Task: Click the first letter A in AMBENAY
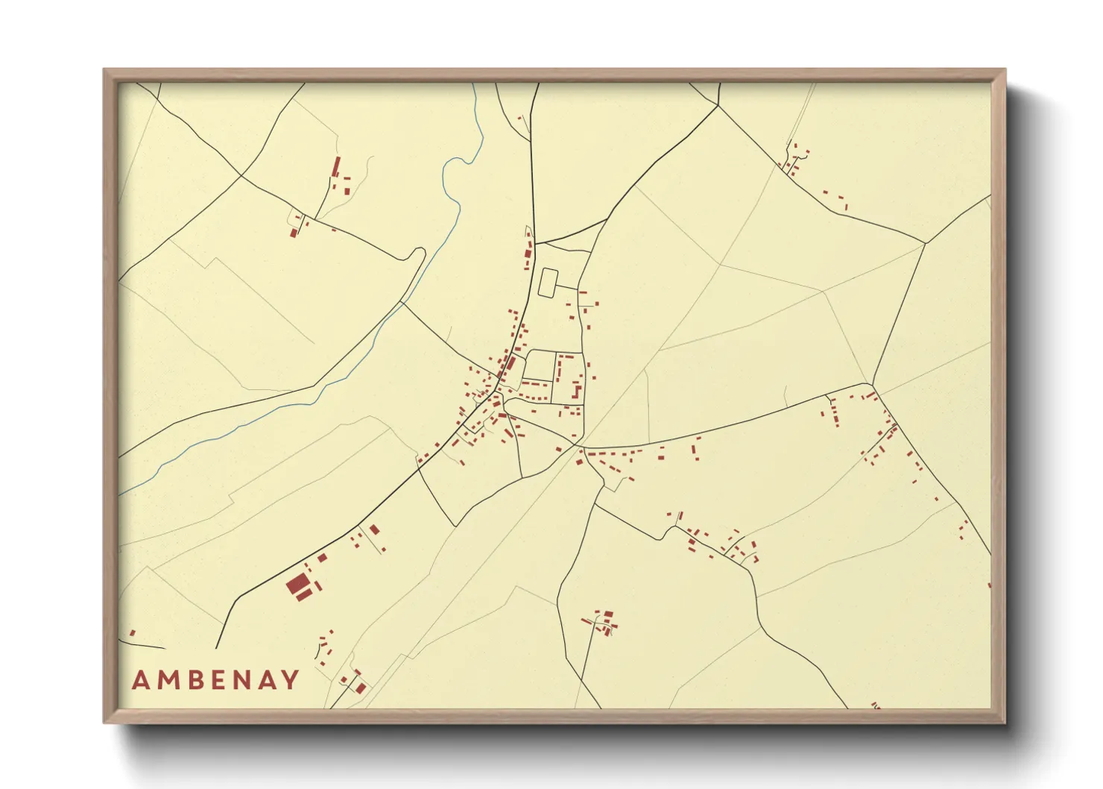pyautogui.click(x=140, y=680)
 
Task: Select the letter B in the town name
pyautogui.click(x=192, y=680)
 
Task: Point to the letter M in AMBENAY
pyautogui.click(x=165, y=680)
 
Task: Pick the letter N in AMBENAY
pyautogui.click(x=239, y=680)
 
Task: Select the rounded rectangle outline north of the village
pyautogui.click(x=547, y=283)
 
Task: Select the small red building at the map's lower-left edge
pyautogui.click(x=133, y=633)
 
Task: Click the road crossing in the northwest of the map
pyautogui.click(x=241, y=177)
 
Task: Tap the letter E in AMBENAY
pyautogui.click(x=215, y=680)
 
